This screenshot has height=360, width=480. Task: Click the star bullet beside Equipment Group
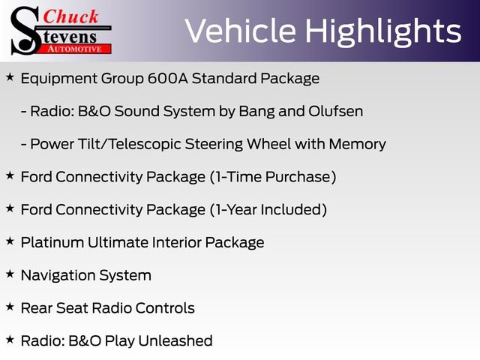coord(10,77)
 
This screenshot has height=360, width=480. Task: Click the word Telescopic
coord(190,144)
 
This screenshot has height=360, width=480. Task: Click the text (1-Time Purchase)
coord(271,177)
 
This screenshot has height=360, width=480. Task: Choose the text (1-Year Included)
coord(266,209)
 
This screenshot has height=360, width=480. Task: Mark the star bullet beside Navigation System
coord(10,274)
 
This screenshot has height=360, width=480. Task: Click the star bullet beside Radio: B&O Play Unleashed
coord(10,340)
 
